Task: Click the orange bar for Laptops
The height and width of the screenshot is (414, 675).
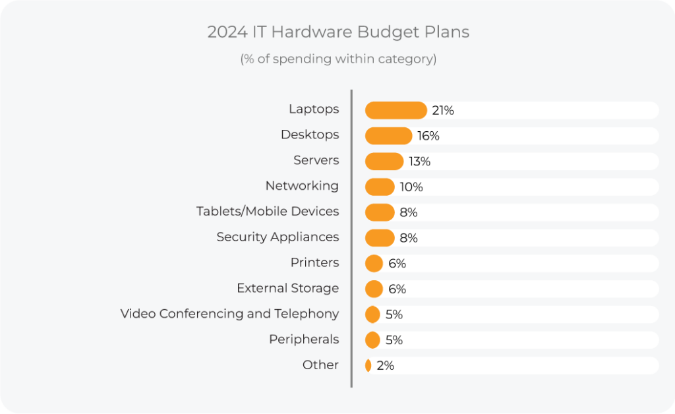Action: click(396, 110)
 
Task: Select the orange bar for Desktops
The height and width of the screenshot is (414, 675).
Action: click(388, 136)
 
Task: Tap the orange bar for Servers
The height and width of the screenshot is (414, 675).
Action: click(384, 162)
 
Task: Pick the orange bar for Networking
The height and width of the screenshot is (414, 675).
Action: click(380, 187)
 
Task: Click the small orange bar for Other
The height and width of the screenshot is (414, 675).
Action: click(368, 365)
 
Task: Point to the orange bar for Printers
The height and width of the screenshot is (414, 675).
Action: click(374, 264)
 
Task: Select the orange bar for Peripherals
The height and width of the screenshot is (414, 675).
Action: click(372, 340)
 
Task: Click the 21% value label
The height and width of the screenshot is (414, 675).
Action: click(443, 110)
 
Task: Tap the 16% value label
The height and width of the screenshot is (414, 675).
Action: click(428, 136)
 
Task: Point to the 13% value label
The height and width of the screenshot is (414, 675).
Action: click(419, 162)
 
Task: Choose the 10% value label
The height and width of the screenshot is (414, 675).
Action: click(411, 187)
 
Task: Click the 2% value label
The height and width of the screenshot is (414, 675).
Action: click(385, 365)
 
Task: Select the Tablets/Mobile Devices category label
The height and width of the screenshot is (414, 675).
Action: click(268, 212)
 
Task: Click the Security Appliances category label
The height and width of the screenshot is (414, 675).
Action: click(278, 237)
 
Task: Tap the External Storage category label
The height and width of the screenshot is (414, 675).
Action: click(287, 288)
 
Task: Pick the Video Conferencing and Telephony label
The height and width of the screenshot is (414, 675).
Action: click(229, 314)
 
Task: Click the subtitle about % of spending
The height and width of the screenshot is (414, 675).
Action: click(337, 59)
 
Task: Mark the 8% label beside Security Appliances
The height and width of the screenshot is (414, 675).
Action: click(409, 238)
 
